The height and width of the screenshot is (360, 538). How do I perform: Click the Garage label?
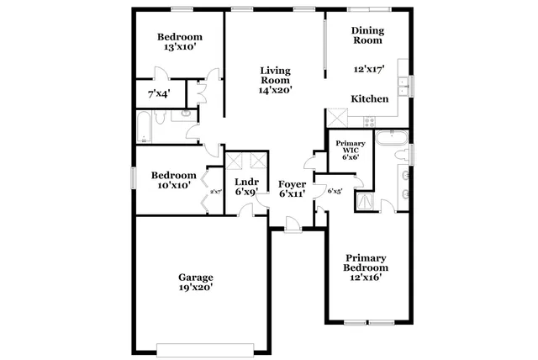pos(195,277)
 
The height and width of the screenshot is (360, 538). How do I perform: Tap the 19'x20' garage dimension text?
pos(195,288)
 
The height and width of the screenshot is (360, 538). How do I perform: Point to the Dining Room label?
pos(367,34)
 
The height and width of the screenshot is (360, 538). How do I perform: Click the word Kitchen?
pos(370,99)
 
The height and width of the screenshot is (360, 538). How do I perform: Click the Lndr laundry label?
pos(245,182)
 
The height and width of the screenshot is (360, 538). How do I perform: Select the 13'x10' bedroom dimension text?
pos(180,48)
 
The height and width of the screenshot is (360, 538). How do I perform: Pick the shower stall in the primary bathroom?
pos(367,200)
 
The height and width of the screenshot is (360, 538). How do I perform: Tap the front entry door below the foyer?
pos(291,224)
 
